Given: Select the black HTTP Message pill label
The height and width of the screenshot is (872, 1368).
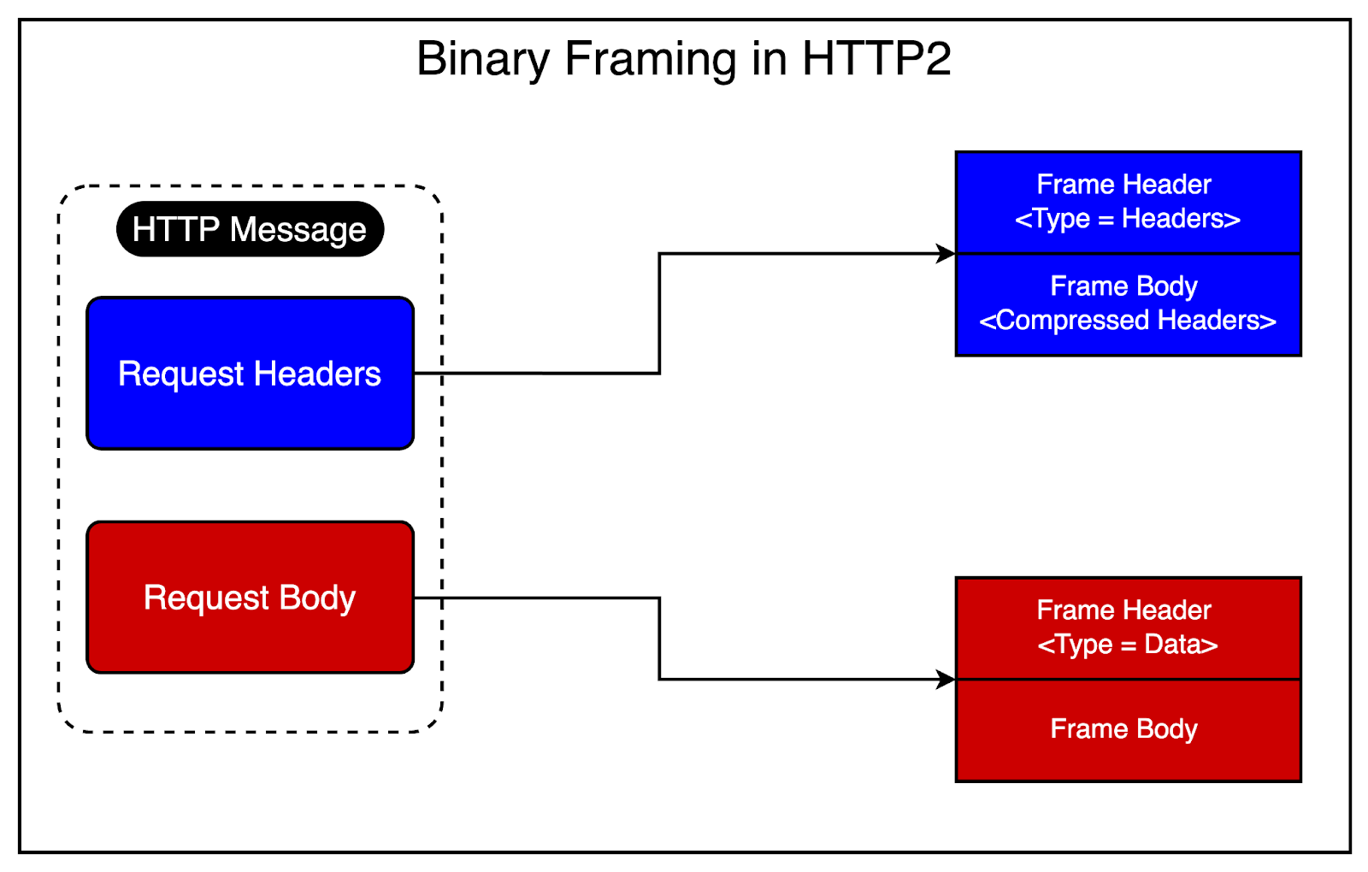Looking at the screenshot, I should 250,229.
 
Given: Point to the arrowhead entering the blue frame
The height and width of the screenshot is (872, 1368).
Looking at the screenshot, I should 946,253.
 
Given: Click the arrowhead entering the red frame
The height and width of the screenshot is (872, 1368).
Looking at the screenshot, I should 946,680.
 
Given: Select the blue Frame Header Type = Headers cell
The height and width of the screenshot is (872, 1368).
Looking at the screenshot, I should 1128,203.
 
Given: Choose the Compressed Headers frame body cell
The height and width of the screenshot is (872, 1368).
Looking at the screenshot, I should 1128,304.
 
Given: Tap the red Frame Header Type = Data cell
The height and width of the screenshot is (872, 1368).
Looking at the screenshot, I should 1128,628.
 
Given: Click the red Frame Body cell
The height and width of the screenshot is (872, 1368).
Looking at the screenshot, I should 1128,730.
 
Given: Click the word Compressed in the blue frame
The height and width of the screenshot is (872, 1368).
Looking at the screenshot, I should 1072,321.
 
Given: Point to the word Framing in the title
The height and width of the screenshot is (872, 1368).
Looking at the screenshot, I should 650,60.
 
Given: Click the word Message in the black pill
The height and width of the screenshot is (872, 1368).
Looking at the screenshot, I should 298,229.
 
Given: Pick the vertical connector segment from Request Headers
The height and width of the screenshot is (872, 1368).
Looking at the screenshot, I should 659,313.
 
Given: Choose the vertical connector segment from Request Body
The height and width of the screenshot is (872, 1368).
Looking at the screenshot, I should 659,639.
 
